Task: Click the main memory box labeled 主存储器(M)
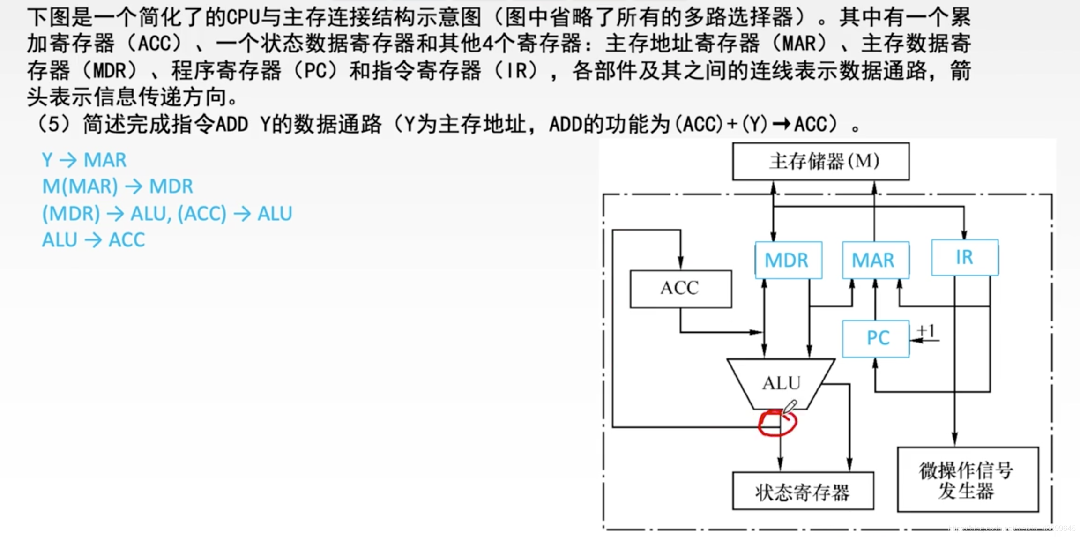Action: click(x=821, y=161)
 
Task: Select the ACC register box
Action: click(x=680, y=288)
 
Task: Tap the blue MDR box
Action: click(x=788, y=260)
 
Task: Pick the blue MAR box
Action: click(x=875, y=260)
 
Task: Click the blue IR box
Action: click(x=965, y=257)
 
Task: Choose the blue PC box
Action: click(x=875, y=338)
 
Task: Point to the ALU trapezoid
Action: click(x=781, y=383)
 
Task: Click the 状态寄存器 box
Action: click(x=803, y=491)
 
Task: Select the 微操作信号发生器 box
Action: click(x=968, y=479)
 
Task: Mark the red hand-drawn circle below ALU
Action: click(x=777, y=423)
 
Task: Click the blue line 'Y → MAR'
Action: click(x=84, y=160)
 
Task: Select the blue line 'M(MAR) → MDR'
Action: click(x=118, y=186)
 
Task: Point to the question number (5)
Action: click(x=54, y=125)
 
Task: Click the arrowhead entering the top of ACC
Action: click(x=680, y=263)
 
